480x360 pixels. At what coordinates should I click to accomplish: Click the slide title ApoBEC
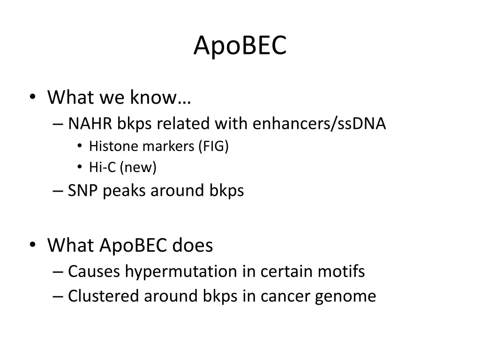click(240, 45)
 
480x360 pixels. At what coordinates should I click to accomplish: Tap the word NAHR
click(90, 123)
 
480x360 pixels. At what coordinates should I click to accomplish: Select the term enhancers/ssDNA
click(319, 123)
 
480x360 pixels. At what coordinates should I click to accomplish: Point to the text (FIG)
click(213, 146)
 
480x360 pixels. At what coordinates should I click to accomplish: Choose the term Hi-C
click(103, 167)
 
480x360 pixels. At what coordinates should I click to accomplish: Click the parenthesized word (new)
click(138, 167)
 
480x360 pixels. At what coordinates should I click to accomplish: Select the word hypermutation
click(181, 271)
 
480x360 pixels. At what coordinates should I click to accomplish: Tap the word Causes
click(94, 271)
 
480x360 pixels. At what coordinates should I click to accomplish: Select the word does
click(193, 245)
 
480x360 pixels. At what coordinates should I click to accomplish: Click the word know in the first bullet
click(154, 97)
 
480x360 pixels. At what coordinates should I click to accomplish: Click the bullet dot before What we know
click(33, 97)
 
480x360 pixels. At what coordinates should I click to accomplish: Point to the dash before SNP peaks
click(58, 191)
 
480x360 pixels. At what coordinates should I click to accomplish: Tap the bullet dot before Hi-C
click(80, 167)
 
